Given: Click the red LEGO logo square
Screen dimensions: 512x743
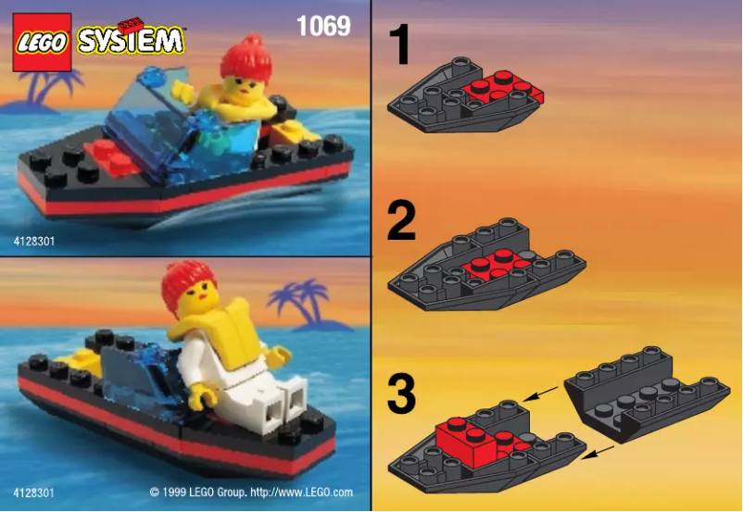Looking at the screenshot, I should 42,43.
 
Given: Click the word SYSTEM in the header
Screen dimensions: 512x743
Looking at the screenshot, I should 132,41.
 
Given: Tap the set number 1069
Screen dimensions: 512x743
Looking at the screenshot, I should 323,26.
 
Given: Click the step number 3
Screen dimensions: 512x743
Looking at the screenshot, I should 401,393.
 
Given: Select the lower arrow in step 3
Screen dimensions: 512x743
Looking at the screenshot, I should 599,449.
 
